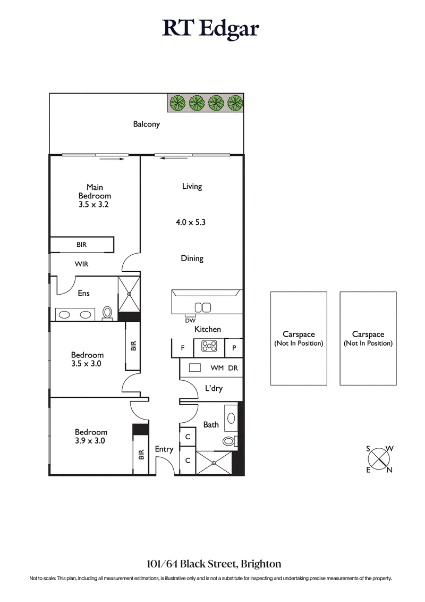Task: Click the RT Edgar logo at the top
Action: [211, 29]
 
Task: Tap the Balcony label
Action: [146, 124]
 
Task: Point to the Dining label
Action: [192, 258]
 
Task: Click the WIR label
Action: [81, 263]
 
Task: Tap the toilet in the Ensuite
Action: [107, 313]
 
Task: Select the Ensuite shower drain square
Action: [129, 293]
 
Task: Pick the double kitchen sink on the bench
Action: [203, 307]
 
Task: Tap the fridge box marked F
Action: [183, 348]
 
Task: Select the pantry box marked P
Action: [234, 348]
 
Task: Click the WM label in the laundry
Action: [217, 368]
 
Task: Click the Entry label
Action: [164, 449]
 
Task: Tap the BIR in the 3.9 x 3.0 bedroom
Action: [141, 455]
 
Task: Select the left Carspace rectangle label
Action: [299, 338]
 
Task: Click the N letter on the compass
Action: [389, 470]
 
